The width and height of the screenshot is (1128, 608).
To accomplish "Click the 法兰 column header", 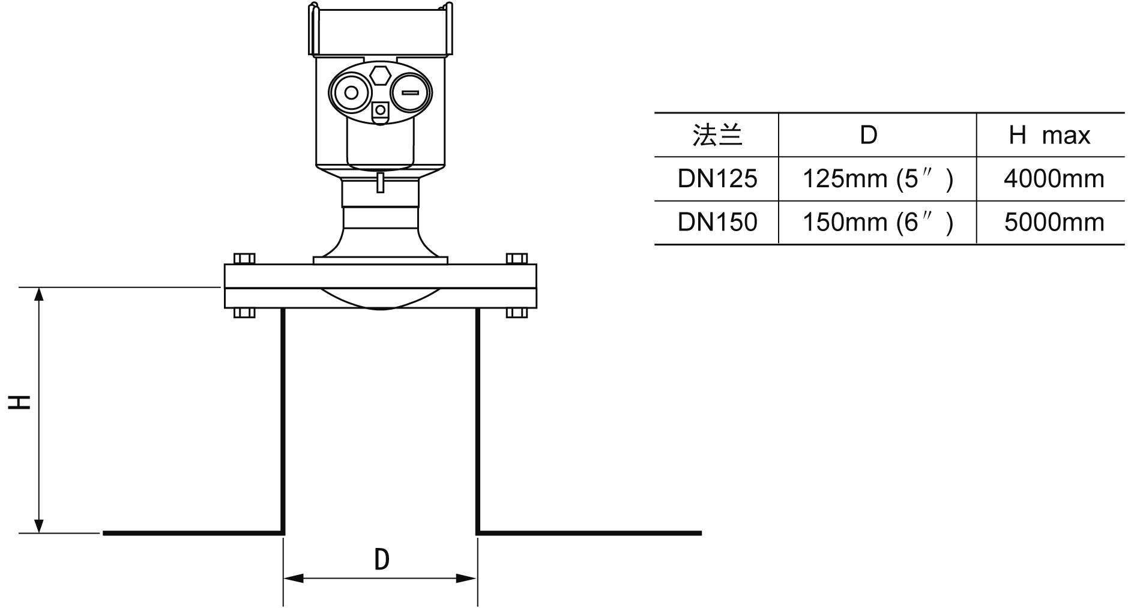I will (x=717, y=136).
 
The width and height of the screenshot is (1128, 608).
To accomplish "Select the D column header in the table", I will (x=869, y=136).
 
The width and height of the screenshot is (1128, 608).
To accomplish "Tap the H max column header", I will (x=1049, y=136).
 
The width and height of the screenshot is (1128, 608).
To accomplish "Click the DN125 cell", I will (x=717, y=179).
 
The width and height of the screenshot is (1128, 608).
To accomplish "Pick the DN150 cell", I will (x=717, y=223).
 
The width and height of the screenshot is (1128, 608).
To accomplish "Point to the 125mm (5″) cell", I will (x=877, y=179).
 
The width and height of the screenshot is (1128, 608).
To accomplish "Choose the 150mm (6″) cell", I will (x=877, y=223).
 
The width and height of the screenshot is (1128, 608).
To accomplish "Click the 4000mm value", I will (x=1054, y=179).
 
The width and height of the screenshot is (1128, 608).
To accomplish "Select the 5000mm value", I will (x=1054, y=223).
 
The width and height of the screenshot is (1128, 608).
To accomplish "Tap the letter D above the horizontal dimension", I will (x=382, y=559).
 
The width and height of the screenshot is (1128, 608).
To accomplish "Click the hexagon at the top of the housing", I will (x=380, y=75).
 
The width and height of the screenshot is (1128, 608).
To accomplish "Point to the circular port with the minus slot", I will (x=411, y=93).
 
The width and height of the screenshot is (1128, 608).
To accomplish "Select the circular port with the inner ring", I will (x=351, y=93).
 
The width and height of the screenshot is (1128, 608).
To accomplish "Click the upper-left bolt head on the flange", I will (x=244, y=259).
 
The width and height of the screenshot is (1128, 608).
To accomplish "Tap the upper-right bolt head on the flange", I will (x=517, y=259).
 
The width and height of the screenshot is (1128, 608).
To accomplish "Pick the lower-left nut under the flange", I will (x=244, y=312).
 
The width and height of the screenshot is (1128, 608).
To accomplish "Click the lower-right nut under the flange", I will (x=517, y=312).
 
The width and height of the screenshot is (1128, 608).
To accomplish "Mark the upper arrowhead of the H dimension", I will (x=40, y=293).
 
